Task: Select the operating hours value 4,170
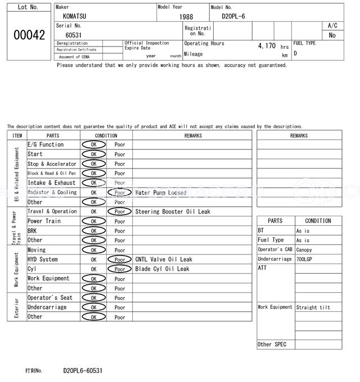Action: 266,46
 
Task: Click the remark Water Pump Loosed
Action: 161,192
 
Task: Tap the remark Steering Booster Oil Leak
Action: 173,212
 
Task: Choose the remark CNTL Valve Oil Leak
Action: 164,260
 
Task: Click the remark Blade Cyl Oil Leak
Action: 162,269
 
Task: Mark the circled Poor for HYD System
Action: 120,260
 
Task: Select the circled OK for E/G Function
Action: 93,145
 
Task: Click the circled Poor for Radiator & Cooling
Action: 120,193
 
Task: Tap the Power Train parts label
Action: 44,221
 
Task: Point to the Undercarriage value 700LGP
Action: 305,260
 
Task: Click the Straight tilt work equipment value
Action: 313,307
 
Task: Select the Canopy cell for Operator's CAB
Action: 304,250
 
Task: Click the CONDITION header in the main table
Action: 106,135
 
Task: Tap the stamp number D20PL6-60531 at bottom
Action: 83,371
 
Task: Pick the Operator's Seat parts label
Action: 50,298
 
